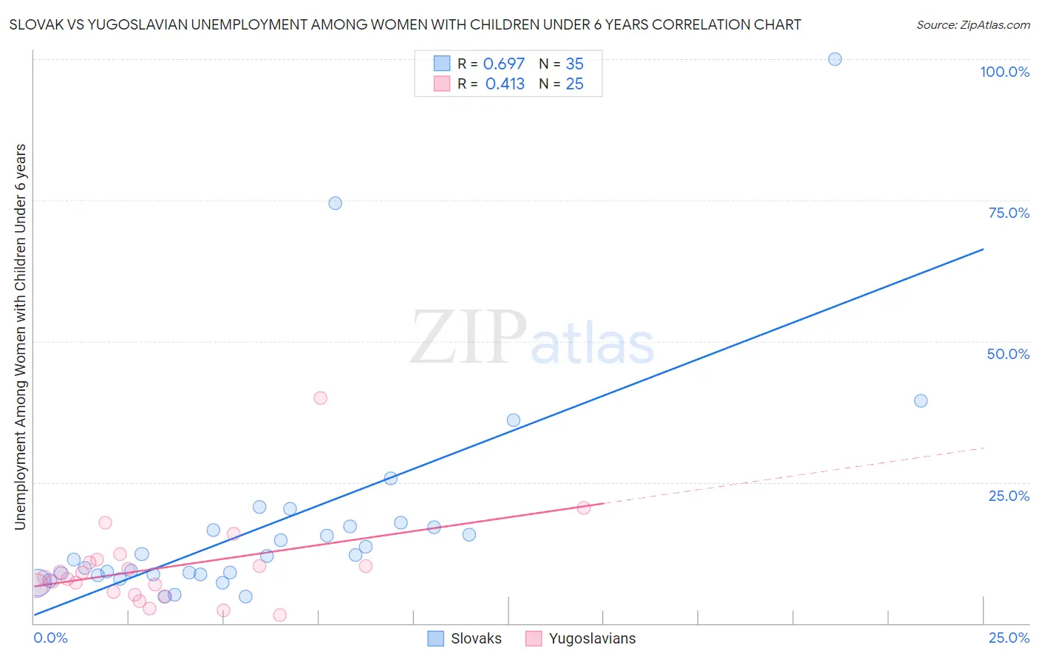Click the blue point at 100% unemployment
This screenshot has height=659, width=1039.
click(x=835, y=59)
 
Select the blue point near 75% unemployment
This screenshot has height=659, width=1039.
click(x=335, y=203)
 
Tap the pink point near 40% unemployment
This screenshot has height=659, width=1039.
click(x=320, y=397)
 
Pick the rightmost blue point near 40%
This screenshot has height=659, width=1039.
click(x=921, y=400)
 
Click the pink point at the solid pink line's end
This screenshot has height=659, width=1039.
click(x=584, y=508)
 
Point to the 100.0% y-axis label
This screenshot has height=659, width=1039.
click(x=1004, y=72)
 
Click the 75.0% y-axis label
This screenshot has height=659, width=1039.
click(x=1009, y=213)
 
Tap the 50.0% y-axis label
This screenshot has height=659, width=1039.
click(x=1008, y=354)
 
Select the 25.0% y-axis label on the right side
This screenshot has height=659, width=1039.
click(x=1009, y=496)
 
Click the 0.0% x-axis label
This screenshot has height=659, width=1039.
click(x=50, y=638)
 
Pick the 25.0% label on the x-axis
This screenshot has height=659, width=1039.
click(x=1009, y=638)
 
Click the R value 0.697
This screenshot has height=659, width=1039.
click(x=504, y=64)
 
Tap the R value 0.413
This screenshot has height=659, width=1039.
click(x=505, y=84)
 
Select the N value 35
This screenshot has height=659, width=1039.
click(x=574, y=64)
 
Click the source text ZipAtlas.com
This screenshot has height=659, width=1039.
click(x=973, y=25)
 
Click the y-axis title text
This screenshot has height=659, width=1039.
click(x=21, y=336)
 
